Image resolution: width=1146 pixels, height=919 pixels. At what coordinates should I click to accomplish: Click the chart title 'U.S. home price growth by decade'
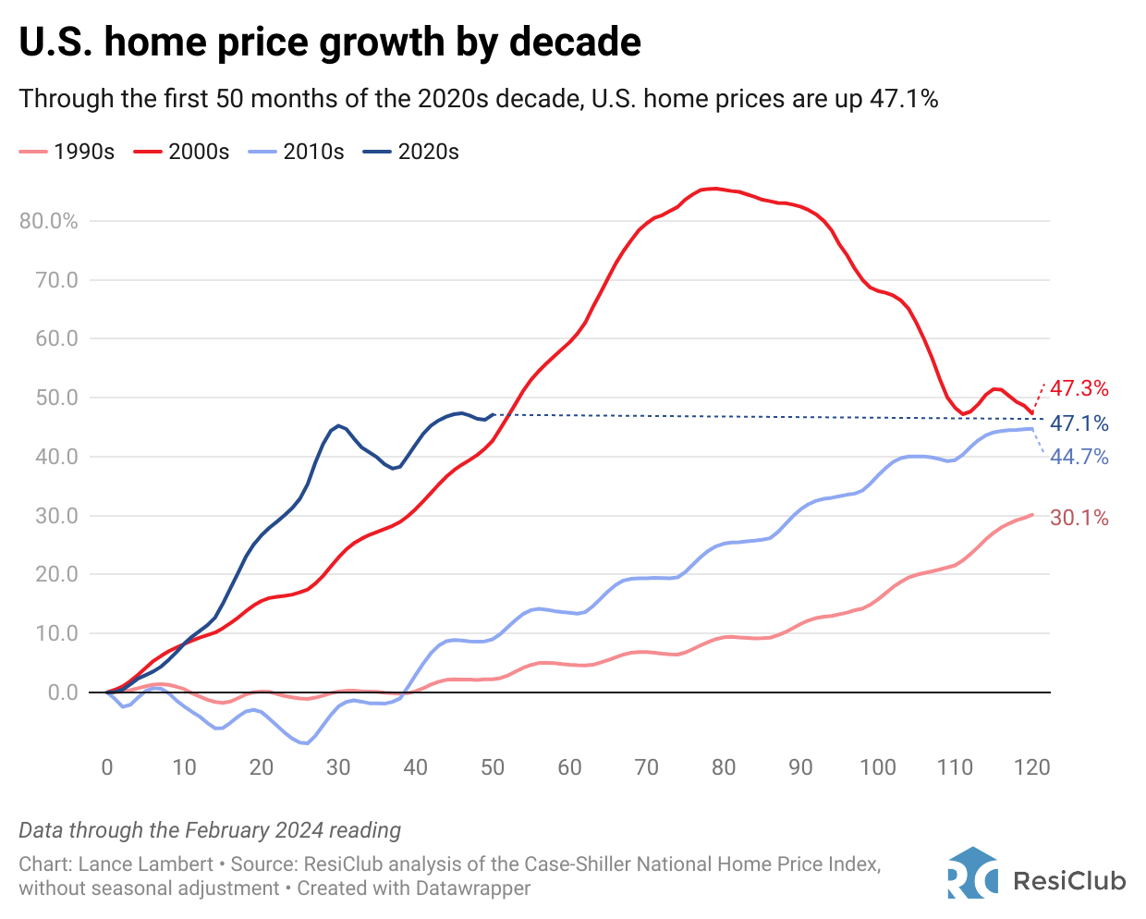(330, 43)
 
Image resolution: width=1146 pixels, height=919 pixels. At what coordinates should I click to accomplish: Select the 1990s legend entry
(67, 152)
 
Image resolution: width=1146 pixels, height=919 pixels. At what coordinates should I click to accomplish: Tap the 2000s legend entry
(182, 152)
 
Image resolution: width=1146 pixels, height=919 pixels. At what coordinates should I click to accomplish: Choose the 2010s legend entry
(297, 152)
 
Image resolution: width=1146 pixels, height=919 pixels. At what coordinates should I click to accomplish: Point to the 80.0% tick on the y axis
(49, 221)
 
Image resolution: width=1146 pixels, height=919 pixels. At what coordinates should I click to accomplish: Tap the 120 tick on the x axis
(1031, 767)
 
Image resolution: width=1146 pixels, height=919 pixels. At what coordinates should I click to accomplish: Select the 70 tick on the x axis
(646, 767)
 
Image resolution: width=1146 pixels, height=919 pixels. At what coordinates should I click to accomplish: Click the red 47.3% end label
(1079, 388)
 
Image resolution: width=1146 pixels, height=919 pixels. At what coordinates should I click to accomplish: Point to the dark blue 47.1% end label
(1079, 423)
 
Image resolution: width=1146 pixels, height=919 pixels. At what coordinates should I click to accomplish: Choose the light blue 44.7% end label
(1079, 457)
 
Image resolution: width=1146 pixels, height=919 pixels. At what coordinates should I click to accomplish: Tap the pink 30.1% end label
(1079, 518)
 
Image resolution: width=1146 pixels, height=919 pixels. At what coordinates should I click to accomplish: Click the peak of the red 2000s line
(712, 189)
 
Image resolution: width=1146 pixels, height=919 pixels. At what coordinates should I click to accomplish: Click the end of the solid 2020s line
(493, 414)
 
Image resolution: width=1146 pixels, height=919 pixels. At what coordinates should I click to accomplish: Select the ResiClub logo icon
(972, 873)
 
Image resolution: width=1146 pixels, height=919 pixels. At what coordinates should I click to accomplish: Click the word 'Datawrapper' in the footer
(472, 888)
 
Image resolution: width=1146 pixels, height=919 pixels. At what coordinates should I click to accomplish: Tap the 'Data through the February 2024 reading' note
(210, 830)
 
